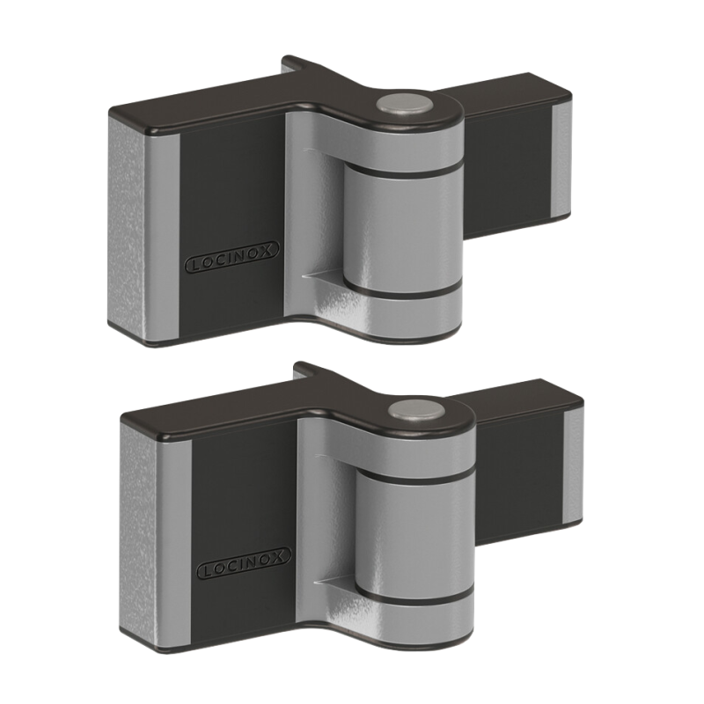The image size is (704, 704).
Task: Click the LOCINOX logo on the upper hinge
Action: (231, 257)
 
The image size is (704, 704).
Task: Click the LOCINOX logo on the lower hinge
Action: (244, 562)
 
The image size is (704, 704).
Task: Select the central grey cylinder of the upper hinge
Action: (403, 230)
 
